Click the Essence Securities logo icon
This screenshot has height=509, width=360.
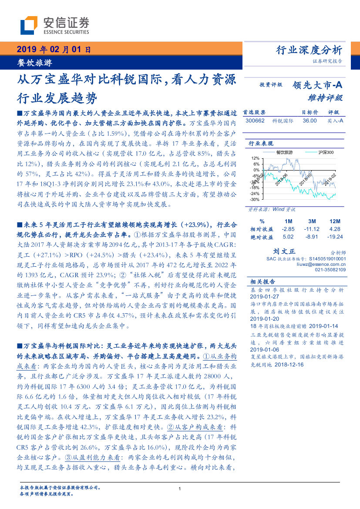tap(29, 26)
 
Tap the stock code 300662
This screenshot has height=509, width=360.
tap(255, 121)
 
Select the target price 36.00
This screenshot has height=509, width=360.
tap(310, 121)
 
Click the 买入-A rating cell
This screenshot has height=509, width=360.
tap(335, 121)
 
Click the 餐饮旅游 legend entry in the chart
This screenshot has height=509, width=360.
tap(284, 152)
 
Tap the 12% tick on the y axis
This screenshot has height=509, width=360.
tap(255, 158)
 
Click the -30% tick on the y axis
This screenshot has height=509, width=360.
tap(254, 199)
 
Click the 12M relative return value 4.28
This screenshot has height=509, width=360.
tap(335, 229)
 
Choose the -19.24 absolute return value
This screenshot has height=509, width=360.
tap(335, 237)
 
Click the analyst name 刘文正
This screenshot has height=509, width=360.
tap(284, 251)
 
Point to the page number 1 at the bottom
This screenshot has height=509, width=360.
tap(180, 489)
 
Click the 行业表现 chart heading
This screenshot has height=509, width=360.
tap(261, 143)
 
